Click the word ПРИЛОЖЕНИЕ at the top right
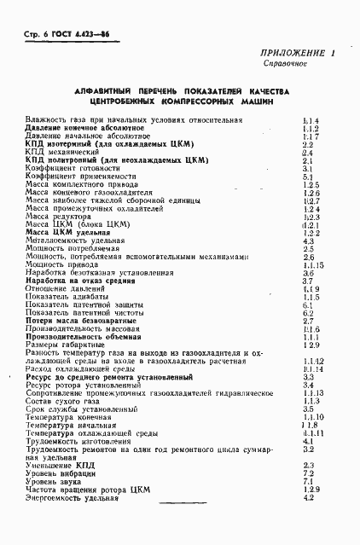(291, 54)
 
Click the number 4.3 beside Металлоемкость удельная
(309, 241)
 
